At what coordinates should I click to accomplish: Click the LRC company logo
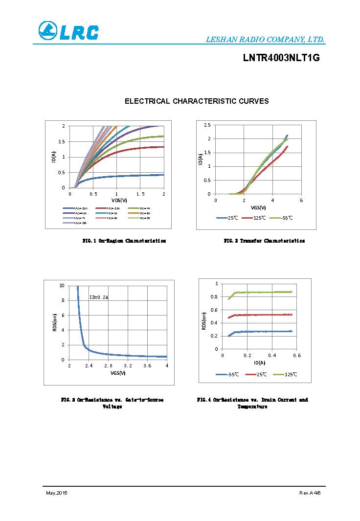[x=68, y=31]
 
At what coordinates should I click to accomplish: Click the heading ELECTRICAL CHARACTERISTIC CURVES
[x=197, y=101]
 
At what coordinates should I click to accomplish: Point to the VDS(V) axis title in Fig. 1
[x=119, y=200]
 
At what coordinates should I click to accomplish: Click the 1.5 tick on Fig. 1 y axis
[x=62, y=141]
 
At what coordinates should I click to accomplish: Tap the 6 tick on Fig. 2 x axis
[x=301, y=200]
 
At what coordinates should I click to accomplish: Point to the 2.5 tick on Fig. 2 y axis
[x=207, y=125]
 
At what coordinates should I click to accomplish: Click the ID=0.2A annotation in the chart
[x=99, y=297]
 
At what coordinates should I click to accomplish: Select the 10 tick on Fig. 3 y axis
[x=61, y=286]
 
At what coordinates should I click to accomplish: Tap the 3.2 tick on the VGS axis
[x=128, y=366]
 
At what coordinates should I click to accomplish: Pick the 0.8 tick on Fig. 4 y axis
[x=214, y=297]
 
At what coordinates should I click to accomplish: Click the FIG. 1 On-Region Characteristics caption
[x=124, y=241]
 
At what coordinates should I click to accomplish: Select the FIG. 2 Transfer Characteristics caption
[x=264, y=241]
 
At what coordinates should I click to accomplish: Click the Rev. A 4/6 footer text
[x=310, y=493]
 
